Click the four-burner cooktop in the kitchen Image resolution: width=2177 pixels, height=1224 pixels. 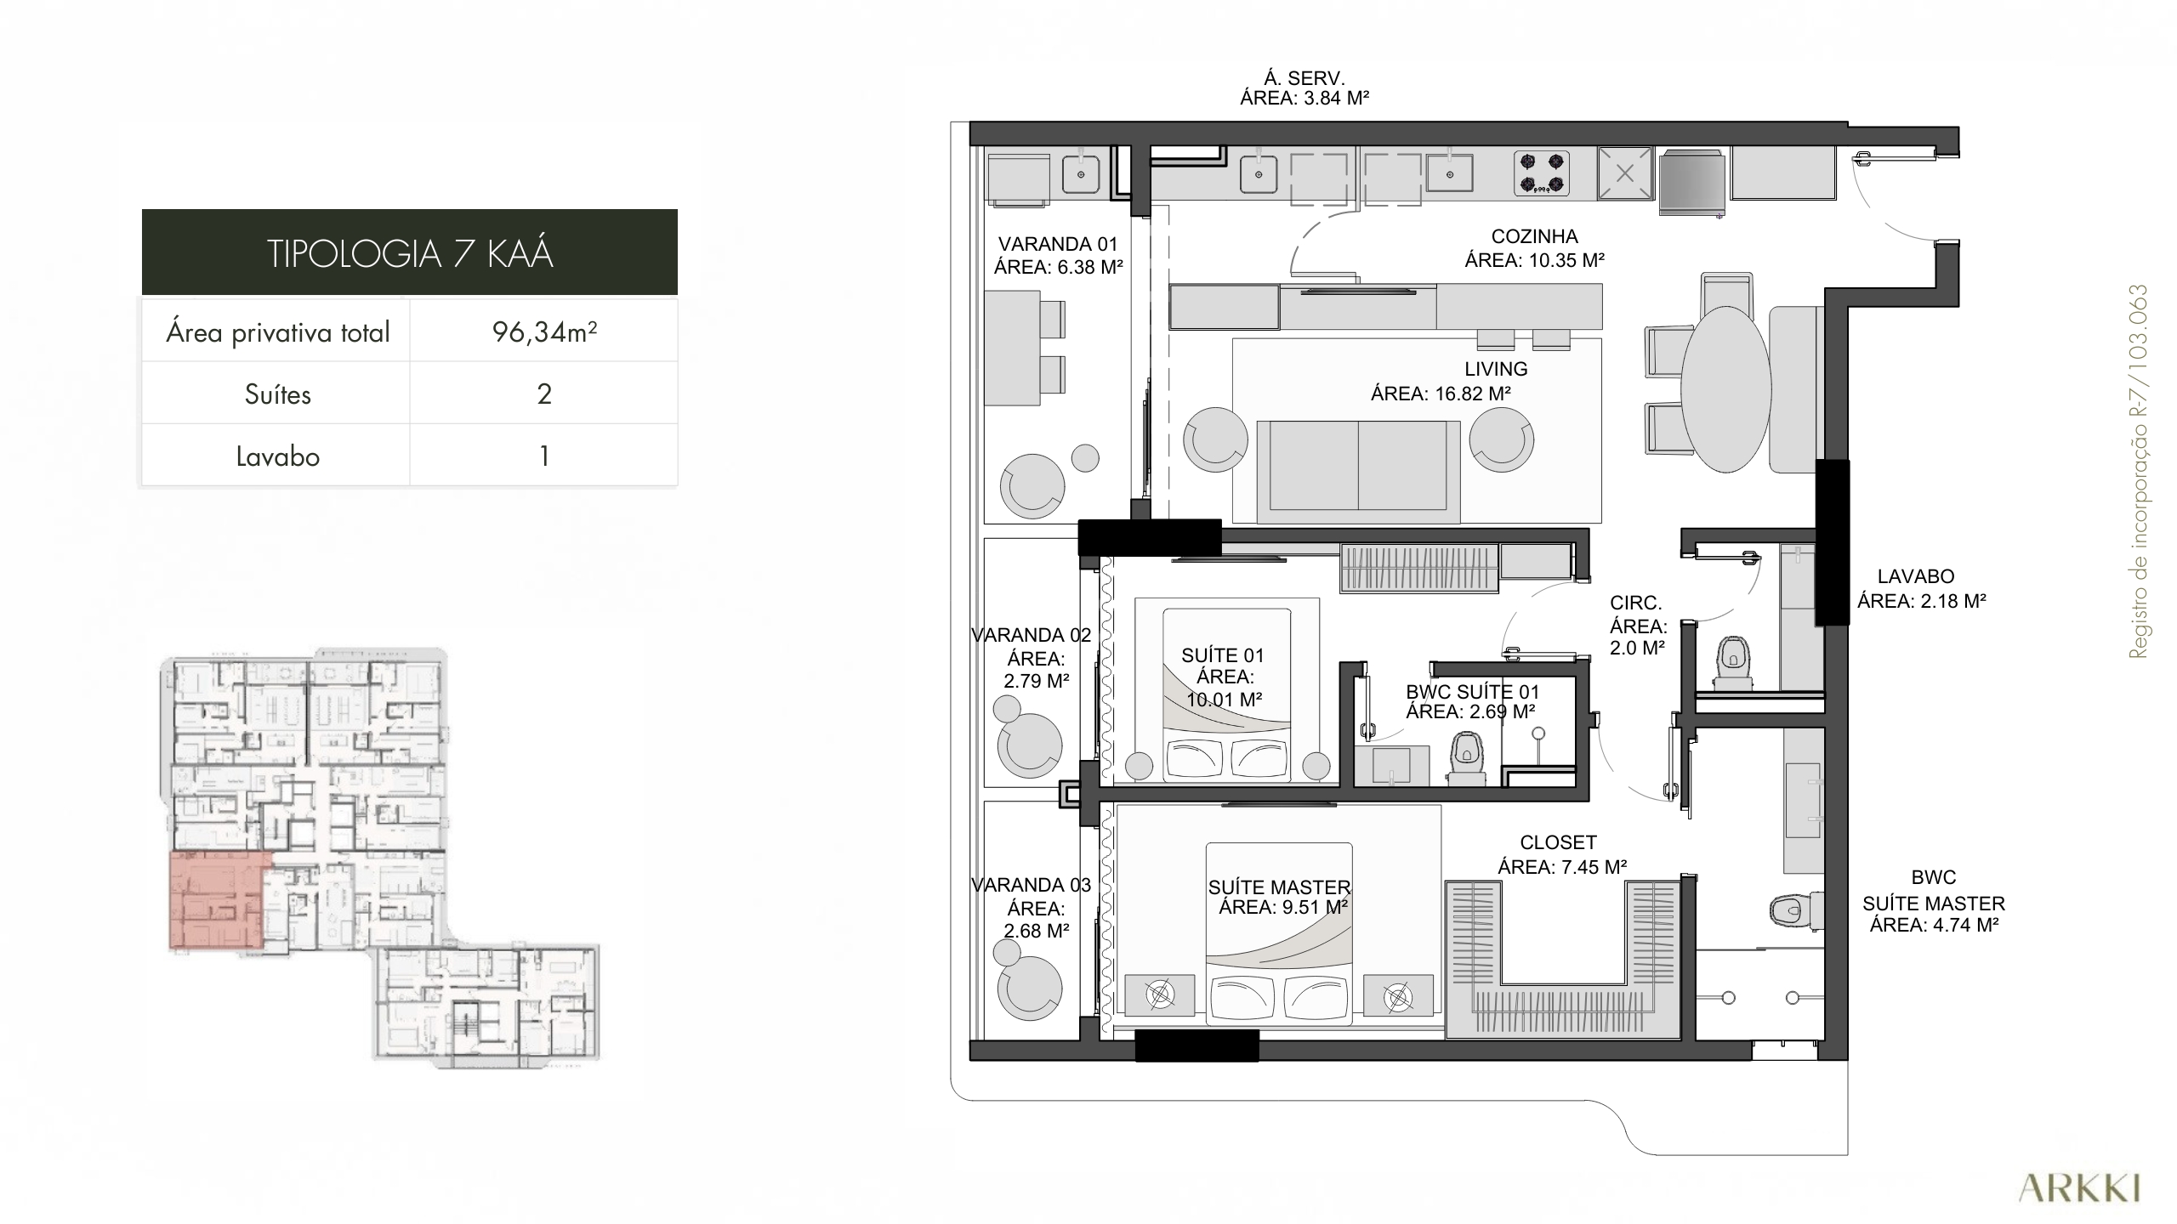click(x=1541, y=173)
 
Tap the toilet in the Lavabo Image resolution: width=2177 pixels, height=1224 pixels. click(x=1732, y=662)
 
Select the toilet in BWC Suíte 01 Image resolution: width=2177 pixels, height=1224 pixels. click(x=1467, y=757)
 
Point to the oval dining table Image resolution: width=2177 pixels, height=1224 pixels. click(x=1726, y=388)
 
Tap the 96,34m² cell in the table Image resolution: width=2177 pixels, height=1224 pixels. click(x=544, y=331)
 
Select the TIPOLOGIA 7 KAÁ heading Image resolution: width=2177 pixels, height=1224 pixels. click(x=410, y=253)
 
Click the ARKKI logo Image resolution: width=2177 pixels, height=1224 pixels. click(x=2079, y=1187)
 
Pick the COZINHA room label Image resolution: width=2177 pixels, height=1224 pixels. click(x=1534, y=236)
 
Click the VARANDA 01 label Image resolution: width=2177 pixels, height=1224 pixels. click(x=1058, y=245)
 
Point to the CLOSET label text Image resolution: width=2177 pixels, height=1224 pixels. click(x=1559, y=842)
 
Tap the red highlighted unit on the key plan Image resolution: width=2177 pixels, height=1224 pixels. click(x=219, y=899)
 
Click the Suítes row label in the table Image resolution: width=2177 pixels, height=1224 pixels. click(x=277, y=394)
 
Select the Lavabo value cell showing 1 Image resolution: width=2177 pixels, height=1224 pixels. click(x=544, y=456)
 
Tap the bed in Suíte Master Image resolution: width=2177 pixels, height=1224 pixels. click(x=1279, y=932)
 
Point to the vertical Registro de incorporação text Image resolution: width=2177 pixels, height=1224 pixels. click(x=2138, y=472)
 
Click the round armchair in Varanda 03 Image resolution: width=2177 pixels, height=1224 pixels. click(x=1031, y=988)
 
